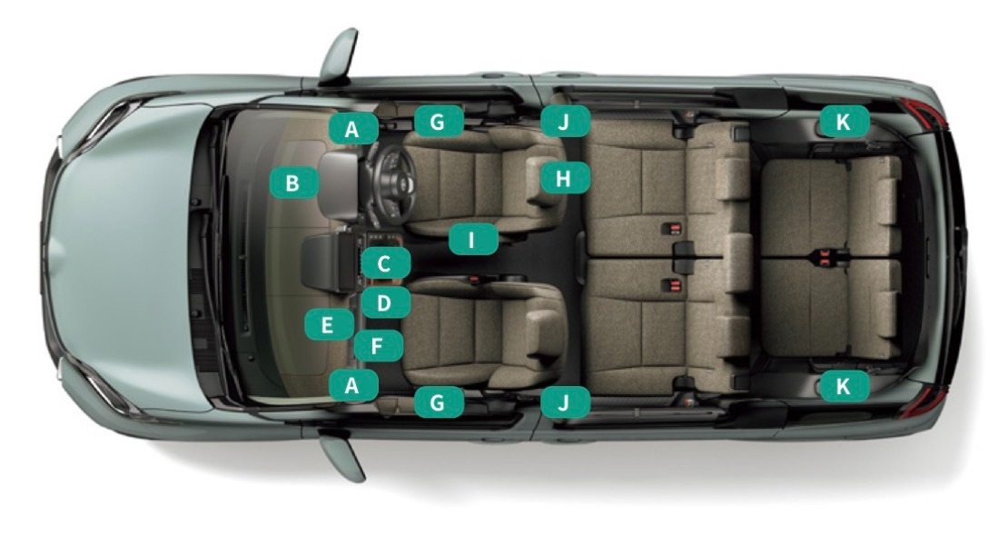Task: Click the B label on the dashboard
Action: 293,183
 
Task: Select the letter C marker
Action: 385,263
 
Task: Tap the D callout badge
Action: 385,302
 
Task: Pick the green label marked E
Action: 329,324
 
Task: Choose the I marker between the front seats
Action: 473,240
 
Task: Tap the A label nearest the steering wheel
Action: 353,129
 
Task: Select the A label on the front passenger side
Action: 353,385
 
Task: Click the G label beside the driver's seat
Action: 439,121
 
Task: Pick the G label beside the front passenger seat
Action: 439,402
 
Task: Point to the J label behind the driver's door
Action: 565,121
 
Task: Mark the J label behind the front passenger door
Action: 565,402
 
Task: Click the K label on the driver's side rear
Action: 844,121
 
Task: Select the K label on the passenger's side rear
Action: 844,386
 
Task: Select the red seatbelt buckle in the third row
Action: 826,258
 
